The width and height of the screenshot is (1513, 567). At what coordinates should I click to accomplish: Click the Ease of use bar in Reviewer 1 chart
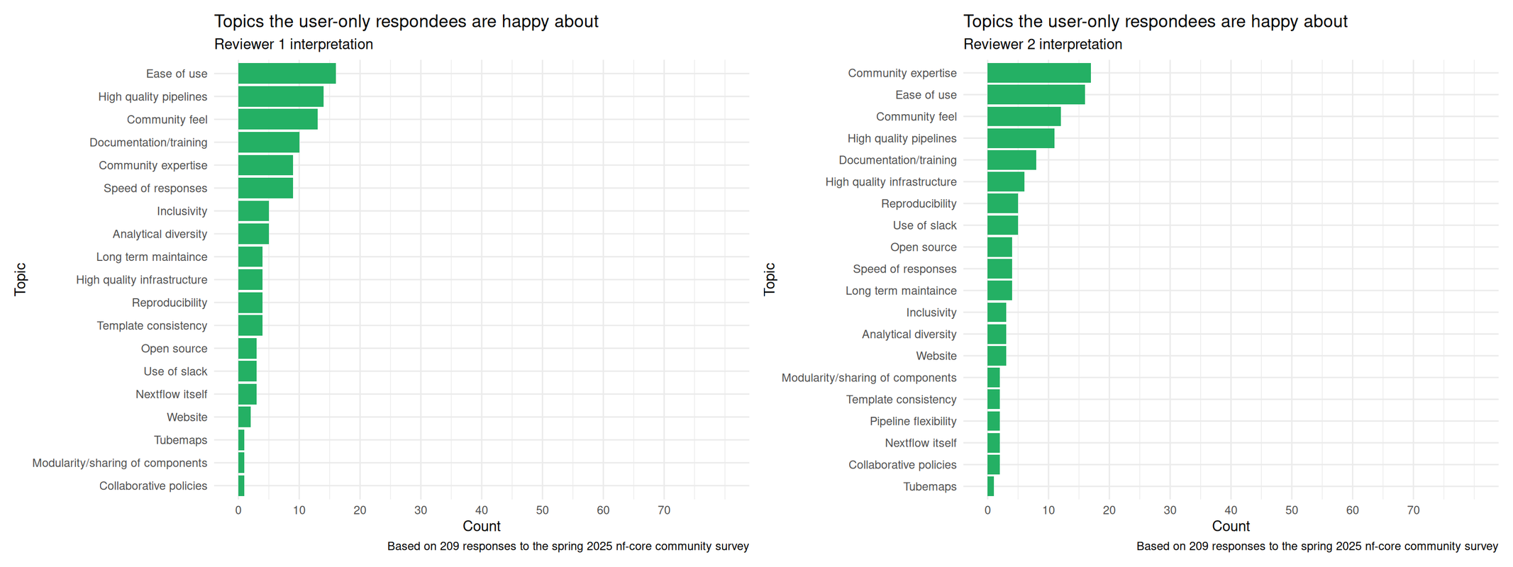tap(287, 74)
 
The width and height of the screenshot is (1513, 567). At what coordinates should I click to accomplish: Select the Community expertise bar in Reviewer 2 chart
tap(1038, 73)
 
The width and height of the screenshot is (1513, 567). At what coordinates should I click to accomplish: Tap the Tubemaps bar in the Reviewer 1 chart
tap(241, 440)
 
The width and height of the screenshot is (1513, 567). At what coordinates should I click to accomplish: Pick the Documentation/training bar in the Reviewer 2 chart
tap(1012, 160)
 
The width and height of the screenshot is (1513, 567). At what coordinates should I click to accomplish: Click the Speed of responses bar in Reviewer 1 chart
tap(265, 189)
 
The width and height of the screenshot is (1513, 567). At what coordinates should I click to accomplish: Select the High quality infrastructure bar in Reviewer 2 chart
tap(1005, 182)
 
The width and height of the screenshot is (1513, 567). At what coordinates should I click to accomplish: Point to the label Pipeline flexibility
tap(913, 422)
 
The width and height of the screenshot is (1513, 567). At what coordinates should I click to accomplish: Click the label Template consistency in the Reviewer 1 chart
tap(152, 326)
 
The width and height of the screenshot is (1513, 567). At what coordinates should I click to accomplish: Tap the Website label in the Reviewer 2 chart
tap(936, 357)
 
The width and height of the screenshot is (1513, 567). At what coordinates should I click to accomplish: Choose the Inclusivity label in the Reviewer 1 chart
tap(182, 211)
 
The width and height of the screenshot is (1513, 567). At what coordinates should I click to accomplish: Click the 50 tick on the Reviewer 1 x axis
tap(543, 510)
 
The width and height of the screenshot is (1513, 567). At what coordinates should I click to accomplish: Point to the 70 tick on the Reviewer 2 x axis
tap(1413, 510)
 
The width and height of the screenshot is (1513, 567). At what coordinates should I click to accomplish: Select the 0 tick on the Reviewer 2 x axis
tap(987, 510)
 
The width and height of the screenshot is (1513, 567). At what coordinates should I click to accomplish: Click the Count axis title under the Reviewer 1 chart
tap(481, 527)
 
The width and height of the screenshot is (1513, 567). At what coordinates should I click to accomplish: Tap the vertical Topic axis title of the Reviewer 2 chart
tap(770, 279)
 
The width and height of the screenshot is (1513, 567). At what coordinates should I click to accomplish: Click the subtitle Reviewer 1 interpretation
tap(293, 45)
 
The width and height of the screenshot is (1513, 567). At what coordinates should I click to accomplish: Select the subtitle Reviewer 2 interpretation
tap(1042, 45)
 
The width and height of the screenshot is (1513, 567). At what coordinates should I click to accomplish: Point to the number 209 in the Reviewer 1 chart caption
tap(450, 546)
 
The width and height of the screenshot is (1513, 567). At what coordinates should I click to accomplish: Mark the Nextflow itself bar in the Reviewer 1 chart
tap(247, 395)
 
